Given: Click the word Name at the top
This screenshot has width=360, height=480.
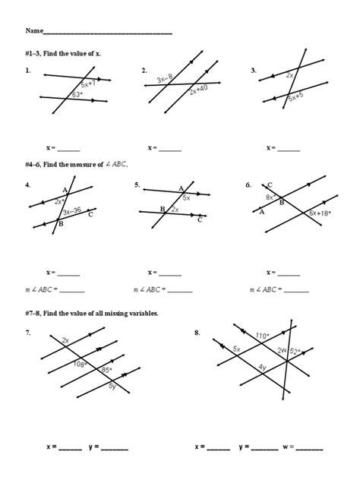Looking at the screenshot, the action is pyautogui.click(x=34, y=31).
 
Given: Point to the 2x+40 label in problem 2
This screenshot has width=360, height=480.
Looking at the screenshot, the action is pyautogui.click(x=199, y=88).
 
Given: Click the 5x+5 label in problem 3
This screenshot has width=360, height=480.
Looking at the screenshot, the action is pyautogui.click(x=296, y=97).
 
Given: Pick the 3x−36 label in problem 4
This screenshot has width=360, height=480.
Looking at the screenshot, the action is pyautogui.click(x=73, y=211).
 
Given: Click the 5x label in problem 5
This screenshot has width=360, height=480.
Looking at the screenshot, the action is pyautogui.click(x=186, y=197).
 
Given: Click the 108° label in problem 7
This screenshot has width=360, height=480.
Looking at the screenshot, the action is pyautogui.click(x=80, y=364).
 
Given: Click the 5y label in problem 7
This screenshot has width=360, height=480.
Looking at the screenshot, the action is pyautogui.click(x=112, y=387).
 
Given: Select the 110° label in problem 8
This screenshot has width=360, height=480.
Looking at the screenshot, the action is pyautogui.click(x=263, y=336).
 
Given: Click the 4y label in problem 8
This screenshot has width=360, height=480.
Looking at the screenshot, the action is pyautogui.click(x=262, y=367).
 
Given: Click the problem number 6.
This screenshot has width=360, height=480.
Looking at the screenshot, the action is pyautogui.click(x=248, y=185).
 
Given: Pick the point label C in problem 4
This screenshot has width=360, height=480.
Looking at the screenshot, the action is pyautogui.click(x=90, y=214).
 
